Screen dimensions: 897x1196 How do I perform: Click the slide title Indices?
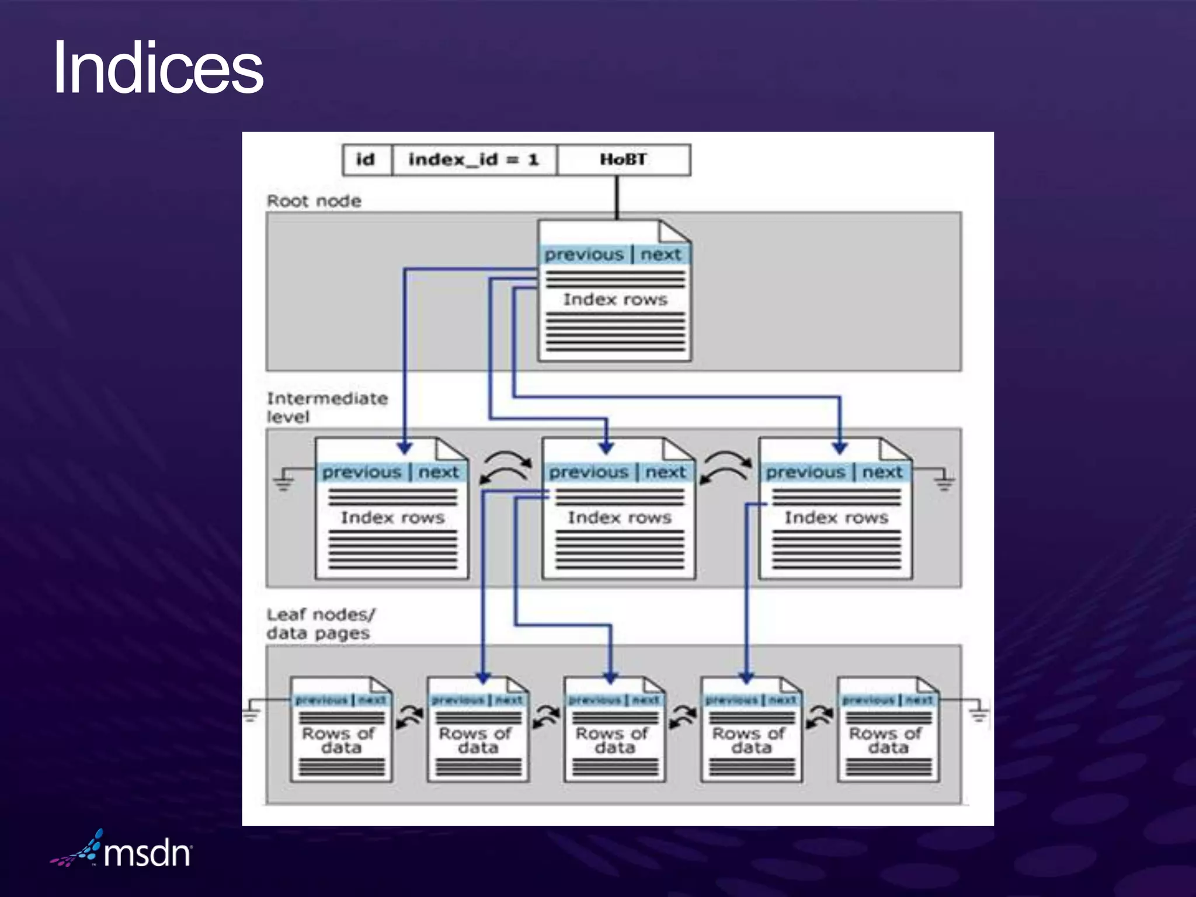(x=158, y=68)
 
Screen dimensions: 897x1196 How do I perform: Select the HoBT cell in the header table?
(x=623, y=159)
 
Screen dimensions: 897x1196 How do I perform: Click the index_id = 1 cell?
(x=473, y=159)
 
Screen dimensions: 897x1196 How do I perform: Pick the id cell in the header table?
(x=366, y=159)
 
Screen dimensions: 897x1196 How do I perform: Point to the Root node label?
(x=314, y=201)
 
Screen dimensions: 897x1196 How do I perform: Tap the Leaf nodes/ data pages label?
(x=320, y=623)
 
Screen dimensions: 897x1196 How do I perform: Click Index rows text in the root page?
(x=614, y=299)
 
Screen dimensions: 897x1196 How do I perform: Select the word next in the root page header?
(x=660, y=255)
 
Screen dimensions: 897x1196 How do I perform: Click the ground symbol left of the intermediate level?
(x=284, y=480)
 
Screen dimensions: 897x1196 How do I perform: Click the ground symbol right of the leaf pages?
(x=979, y=712)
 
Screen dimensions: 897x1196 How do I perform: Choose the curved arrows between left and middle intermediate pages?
(x=506, y=468)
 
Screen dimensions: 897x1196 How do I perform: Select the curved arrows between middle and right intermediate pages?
(x=726, y=468)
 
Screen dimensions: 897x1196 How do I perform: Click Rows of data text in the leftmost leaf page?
(x=339, y=740)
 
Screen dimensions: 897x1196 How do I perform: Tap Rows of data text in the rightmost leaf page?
(x=886, y=740)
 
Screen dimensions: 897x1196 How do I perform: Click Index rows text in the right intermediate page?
(x=836, y=517)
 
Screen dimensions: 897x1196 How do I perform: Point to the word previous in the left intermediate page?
(x=361, y=472)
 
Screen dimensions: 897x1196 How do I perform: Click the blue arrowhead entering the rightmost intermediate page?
(x=840, y=447)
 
